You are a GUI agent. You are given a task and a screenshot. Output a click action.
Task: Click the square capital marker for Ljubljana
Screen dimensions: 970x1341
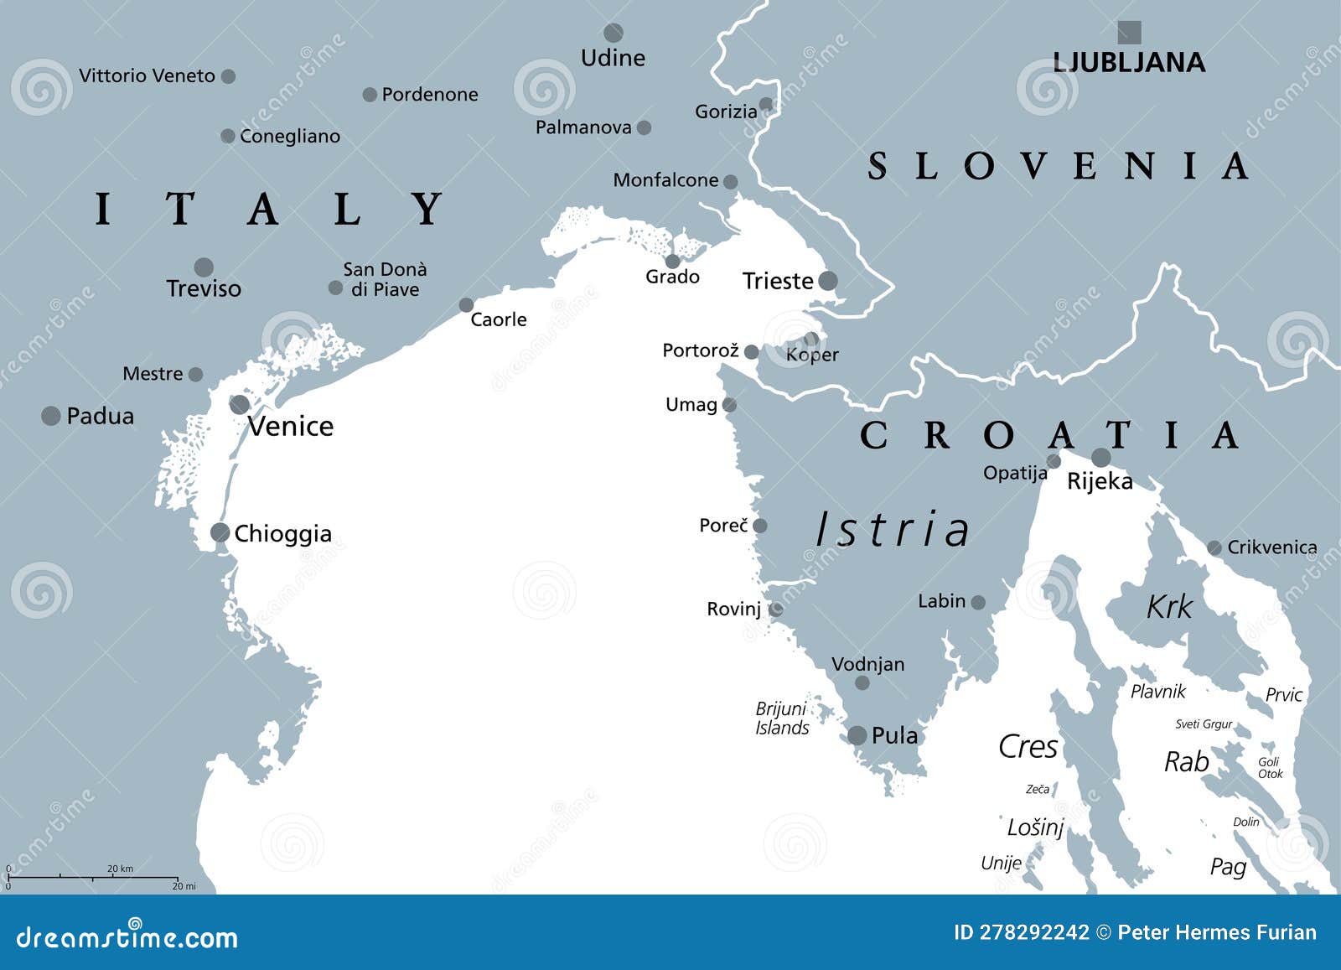[x=1129, y=33]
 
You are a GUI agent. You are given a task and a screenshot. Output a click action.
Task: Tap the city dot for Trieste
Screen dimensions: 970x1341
[x=827, y=281]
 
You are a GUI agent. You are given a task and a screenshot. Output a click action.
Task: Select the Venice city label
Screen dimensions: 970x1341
[x=290, y=427]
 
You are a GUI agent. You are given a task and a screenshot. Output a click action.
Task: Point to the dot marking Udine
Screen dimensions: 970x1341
[x=614, y=34]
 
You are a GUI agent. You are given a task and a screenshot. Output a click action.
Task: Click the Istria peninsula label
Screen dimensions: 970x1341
[x=893, y=530]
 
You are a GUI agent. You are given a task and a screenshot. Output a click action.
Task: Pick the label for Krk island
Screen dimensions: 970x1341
[x=1169, y=607]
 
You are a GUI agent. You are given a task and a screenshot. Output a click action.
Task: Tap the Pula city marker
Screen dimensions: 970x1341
[x=857, y=736]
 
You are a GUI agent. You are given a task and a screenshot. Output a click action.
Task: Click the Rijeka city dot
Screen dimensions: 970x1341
[x=1100, y=458]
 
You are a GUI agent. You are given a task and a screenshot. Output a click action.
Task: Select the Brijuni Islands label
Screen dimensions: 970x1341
[x=782, y=718]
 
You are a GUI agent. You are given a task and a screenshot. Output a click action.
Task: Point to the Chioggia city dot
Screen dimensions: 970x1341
[x=220, y=532]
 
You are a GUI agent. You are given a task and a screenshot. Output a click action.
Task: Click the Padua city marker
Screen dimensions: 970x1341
[x=51, y=415]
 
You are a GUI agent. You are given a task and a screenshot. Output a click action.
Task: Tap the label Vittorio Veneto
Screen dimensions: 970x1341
[x=147, y=76]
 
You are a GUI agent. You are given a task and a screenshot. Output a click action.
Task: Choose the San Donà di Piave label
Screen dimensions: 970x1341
[x=385, y=280]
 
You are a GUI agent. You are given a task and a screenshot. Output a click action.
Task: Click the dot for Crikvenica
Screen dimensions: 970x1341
[x=1214, y=548]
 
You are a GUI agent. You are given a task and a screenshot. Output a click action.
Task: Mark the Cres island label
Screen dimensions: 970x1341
[x=1028, y=747]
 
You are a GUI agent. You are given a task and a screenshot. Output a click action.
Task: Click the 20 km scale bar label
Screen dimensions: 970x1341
[x=120, y=869]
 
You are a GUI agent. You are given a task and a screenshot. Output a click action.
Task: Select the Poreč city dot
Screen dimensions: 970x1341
[x=759, y=526]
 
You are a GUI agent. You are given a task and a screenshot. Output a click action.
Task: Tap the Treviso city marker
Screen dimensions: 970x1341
[x=204, y=267]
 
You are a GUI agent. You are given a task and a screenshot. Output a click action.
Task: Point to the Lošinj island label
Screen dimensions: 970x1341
[x=1035, y=827]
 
